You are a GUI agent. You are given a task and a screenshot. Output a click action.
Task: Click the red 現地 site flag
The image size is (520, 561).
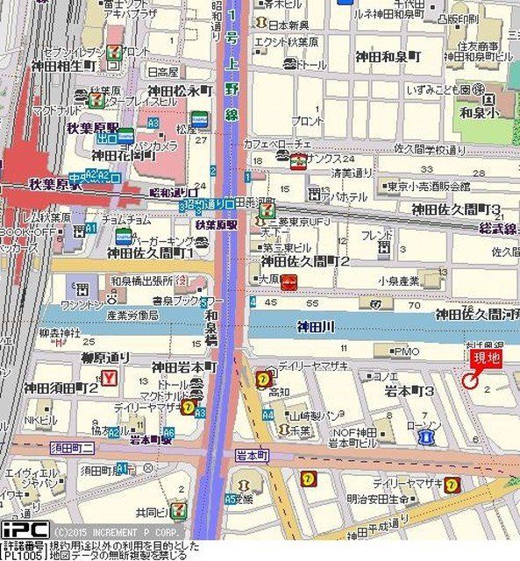pos(487,358)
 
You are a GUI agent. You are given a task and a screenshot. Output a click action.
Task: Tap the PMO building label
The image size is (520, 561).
pos(408,351)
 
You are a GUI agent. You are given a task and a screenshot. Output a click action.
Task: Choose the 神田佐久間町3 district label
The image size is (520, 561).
pos(456,209)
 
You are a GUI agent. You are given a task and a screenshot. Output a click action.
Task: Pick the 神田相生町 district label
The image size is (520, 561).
pos(56,66)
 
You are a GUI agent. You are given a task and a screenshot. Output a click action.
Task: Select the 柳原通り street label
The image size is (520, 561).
pos(104,358)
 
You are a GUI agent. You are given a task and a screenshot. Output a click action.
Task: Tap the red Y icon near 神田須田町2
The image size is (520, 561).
pos(109,379)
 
